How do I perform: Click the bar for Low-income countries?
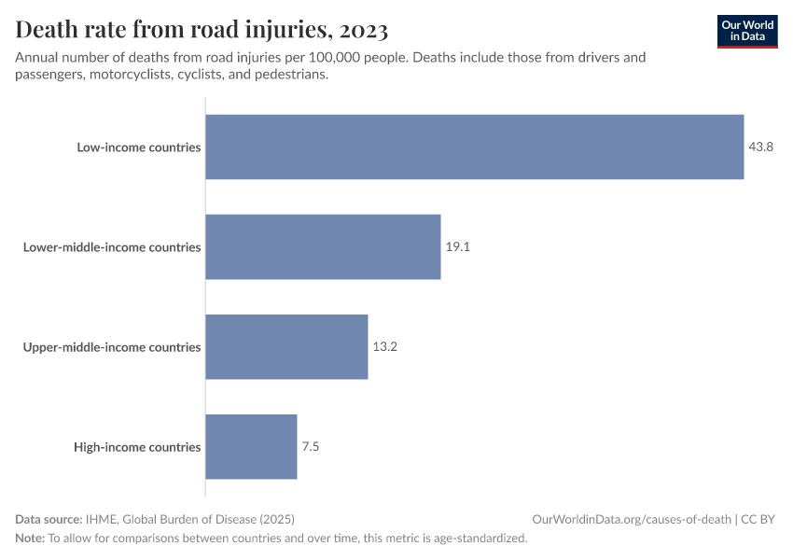coord(474,147)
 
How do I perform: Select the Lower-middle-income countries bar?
coord(323,246)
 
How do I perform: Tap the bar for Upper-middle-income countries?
coord(286,346)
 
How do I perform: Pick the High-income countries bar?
coord(251,446)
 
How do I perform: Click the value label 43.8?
coord(760,147)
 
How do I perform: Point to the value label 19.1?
coord(457,246)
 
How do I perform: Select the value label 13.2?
coord(384,346)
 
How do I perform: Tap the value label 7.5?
coord(311,446)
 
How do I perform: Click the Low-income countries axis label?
coord(139,147)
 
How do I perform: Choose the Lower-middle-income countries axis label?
coord(112,247)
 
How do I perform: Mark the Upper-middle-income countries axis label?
coord(112,347)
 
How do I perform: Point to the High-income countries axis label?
coord(137,447)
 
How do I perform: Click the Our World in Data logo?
coord(747,31)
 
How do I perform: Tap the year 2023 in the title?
coord(364,30)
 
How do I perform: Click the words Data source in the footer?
coord(48,519)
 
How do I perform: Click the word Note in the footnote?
coord(29,538)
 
